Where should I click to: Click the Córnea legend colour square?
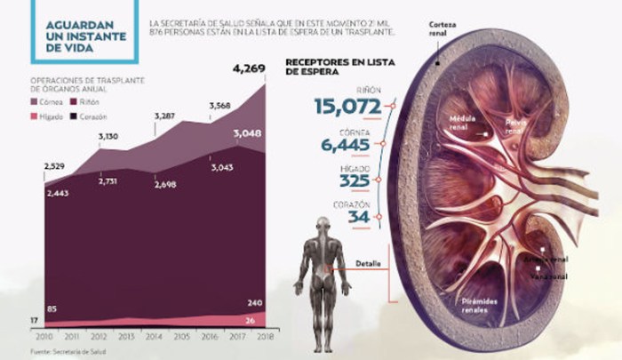(x=36, y=101)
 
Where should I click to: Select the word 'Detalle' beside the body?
(x=366, y=264)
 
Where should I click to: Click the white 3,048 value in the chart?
(x=249, y=134)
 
